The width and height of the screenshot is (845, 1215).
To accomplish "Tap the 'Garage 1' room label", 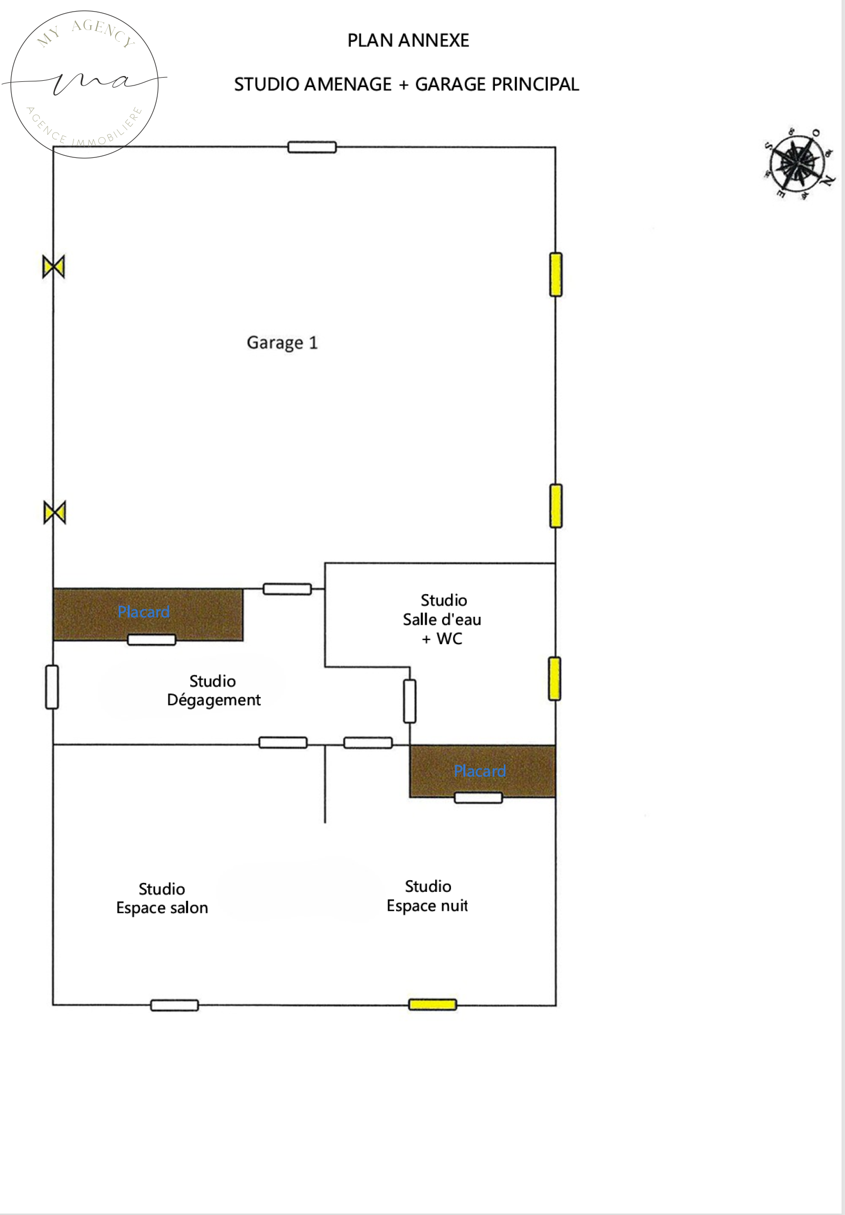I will [x=282, y=343].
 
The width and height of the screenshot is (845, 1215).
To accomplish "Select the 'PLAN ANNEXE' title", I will [x=408, y=41].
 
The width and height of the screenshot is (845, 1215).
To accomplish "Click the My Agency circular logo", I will [x=84, y=83].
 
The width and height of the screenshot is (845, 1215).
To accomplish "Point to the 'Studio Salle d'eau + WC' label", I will [x=443, y=619].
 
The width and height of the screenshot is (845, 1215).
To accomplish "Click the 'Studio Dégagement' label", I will [x=213, y=691].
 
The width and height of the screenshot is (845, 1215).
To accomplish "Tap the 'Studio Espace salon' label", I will [x=162, y=898].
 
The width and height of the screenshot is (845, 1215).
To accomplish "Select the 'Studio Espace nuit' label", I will [x=428, y=896].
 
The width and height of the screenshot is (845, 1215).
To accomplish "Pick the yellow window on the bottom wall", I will [x=433, y=1004].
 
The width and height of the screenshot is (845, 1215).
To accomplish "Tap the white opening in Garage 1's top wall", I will [x=312, y=147].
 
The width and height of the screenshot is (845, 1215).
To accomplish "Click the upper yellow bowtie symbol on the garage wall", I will [x=53, y=266].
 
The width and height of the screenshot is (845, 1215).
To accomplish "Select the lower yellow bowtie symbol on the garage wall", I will [x=54, y=512].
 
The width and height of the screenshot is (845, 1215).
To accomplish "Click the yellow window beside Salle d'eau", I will [x=555, y=679].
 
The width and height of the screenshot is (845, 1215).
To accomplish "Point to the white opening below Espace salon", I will [x=175, y=1005].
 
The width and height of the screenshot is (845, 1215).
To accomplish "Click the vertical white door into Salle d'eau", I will [x=409, y=701].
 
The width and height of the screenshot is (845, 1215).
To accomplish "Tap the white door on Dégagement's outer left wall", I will [x=52, y=687].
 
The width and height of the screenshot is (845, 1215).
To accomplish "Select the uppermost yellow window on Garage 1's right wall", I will [x=556, y=275].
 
